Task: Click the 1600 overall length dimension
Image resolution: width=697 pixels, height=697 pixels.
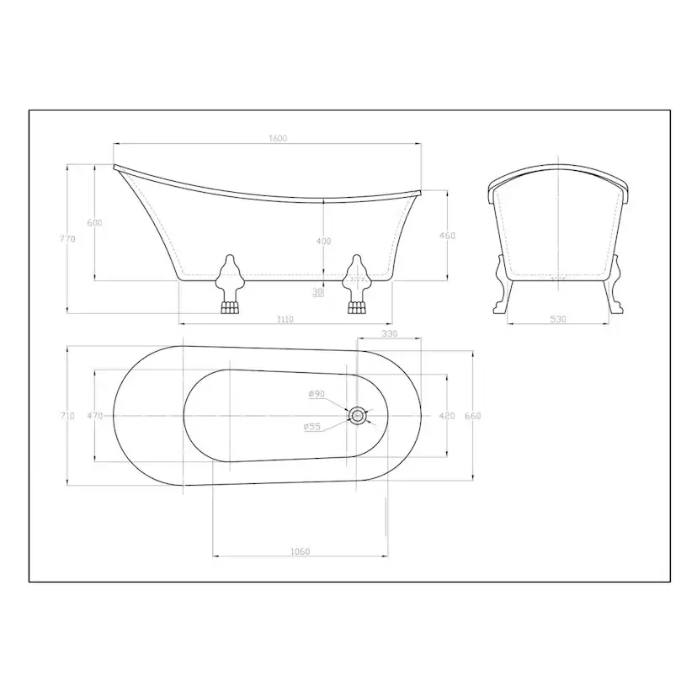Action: pyautogui.click(x=278, y=138)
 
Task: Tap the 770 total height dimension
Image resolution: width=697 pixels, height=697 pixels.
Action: pyautogui.click(x=67, y=239)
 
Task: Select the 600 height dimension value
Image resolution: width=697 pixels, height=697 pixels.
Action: pyautogui.click(x=94, y=223)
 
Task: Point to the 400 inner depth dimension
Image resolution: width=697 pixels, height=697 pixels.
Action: pyautogui.click(x=323, y=241)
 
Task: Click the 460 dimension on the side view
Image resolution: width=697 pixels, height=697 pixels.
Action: pyautogui.click(x=447, y=236)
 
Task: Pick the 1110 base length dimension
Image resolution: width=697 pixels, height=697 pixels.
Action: pyautogui.click(x=285, y=319)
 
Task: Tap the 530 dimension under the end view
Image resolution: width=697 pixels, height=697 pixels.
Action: pyautogui.click(x=558, y=319)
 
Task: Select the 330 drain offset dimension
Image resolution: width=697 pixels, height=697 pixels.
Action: pyautogui.click(x=390, y=333)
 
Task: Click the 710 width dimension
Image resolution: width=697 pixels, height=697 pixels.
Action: pyautogui.click(x=67, y=416)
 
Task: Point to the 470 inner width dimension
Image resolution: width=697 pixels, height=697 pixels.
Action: pyautogui.click(x=94, y=416)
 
